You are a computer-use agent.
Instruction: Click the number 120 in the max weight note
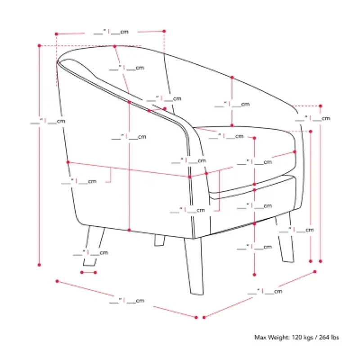coord(297,337)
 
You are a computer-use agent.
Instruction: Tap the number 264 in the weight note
coord(324,337)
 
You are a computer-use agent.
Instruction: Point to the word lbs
coord(334,337)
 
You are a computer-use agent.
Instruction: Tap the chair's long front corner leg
coord(194,266)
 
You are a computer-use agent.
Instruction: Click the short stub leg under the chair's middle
coord(160,240)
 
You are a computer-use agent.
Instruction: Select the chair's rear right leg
coord(285,238)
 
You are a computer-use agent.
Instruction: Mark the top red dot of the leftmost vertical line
coord(39,46)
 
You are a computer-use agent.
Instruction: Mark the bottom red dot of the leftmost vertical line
coord(39,265)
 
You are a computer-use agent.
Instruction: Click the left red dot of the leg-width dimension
coord(82,273)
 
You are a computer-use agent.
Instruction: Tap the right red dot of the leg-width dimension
coord(95,273)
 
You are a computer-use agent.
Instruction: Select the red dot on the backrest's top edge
coord(115,46)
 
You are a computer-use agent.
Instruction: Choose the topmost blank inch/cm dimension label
coord(111,31)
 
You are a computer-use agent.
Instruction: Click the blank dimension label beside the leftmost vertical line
coord(48,121)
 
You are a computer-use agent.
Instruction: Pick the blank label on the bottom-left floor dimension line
coord(127,301)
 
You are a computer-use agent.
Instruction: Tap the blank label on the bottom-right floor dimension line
coord(265,292)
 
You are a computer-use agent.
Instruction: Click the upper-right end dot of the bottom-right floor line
coord(315,272)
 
